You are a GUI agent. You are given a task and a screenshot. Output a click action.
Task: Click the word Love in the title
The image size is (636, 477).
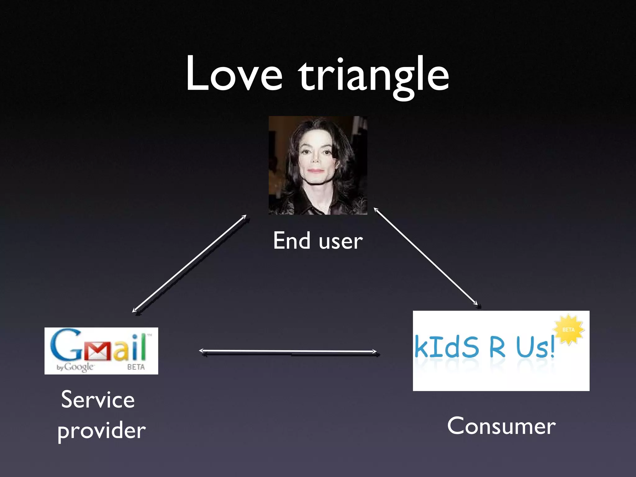pos(234,75)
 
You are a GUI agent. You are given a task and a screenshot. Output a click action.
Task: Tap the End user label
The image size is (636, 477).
pos(318,241)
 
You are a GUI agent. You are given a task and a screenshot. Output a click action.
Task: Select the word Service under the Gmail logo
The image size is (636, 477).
pos(98,400)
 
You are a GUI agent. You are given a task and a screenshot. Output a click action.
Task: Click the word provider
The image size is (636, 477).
pos(102,431)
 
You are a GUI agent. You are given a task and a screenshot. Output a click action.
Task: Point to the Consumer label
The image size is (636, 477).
pos(501,426)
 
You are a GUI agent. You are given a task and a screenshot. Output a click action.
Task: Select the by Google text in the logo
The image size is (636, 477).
pos(75,367)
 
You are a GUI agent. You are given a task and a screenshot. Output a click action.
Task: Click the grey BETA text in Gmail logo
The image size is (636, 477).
pos(136,367)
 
